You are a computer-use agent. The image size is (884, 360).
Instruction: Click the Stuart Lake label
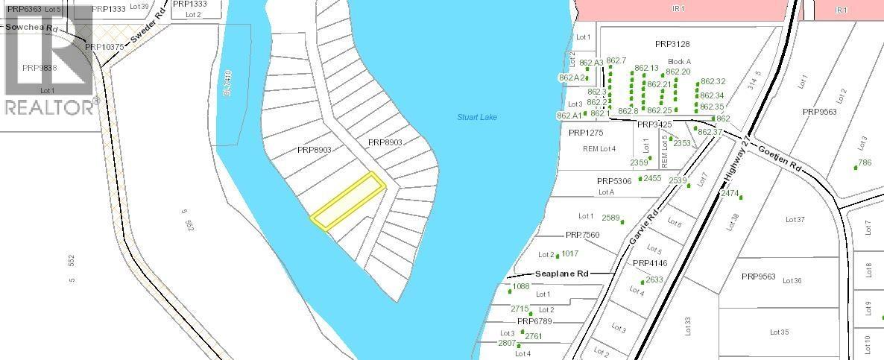point(476,118)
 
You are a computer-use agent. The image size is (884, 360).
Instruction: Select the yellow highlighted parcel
point(347,200)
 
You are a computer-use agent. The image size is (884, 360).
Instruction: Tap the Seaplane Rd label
point(562,274)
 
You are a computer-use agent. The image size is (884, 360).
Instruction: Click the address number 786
point(865,162)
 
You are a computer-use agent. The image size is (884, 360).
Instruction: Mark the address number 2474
point(730,193)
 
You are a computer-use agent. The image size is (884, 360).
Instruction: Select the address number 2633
point(654,280)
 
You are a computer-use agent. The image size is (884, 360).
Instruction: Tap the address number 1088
point(520,286)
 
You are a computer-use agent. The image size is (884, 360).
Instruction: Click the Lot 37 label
point(795,220)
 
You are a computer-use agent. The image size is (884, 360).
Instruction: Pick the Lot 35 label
point(779,332)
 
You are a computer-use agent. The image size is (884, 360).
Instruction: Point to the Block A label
point(679,61)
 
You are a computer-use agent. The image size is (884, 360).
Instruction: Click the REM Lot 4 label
point(599,149)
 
